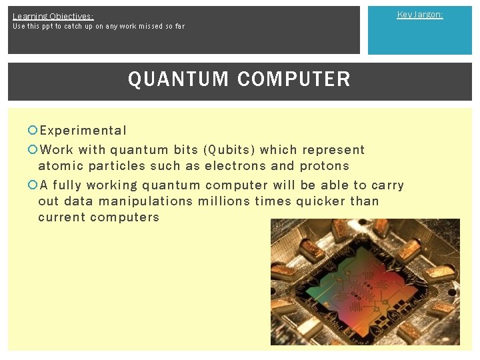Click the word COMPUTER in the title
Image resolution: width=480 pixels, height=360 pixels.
293,79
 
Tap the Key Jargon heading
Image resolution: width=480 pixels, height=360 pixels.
420,15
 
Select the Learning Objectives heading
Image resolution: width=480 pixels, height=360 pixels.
53,16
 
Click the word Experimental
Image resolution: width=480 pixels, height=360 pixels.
83,131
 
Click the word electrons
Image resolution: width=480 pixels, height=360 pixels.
235,166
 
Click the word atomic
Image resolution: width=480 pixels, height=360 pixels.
60,166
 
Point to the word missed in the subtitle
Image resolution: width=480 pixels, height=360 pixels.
144,27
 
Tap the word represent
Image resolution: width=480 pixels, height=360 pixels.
333,150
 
